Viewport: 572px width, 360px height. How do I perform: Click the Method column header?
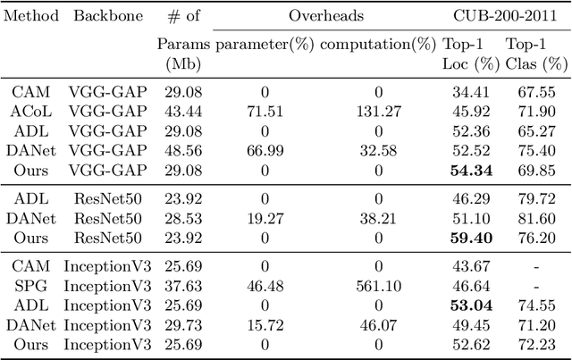pyautogui.click(x=30, y=17)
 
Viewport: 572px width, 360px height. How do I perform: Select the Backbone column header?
pyautogui.click(x=101, y=17)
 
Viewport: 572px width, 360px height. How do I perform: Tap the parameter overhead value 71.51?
pyautogui.click(x=264, y=110)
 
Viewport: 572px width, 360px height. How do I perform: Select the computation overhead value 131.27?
pyautogui.click(x=378, y=110)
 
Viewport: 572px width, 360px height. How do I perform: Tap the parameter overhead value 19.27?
pyautogui.click(x=264, y=219)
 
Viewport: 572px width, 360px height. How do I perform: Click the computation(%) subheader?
pyautogui.click(x=378, y=44)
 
